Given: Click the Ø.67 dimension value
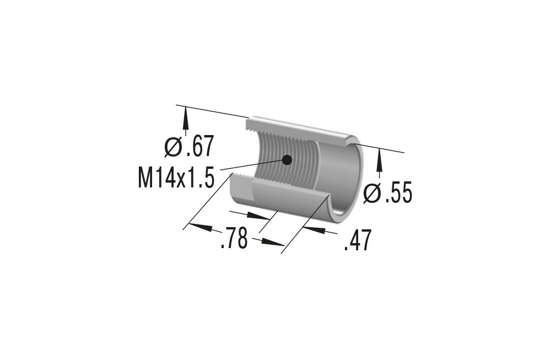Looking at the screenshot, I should coord(189,147).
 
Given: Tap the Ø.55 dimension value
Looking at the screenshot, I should coord(388,194).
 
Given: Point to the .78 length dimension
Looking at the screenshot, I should coord(234,240).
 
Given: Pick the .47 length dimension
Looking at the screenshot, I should coord(358,241).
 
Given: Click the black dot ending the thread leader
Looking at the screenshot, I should coord(286,160).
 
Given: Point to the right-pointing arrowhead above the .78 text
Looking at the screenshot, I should coord(258,216).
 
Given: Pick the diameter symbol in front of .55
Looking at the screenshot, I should coord(372,194).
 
